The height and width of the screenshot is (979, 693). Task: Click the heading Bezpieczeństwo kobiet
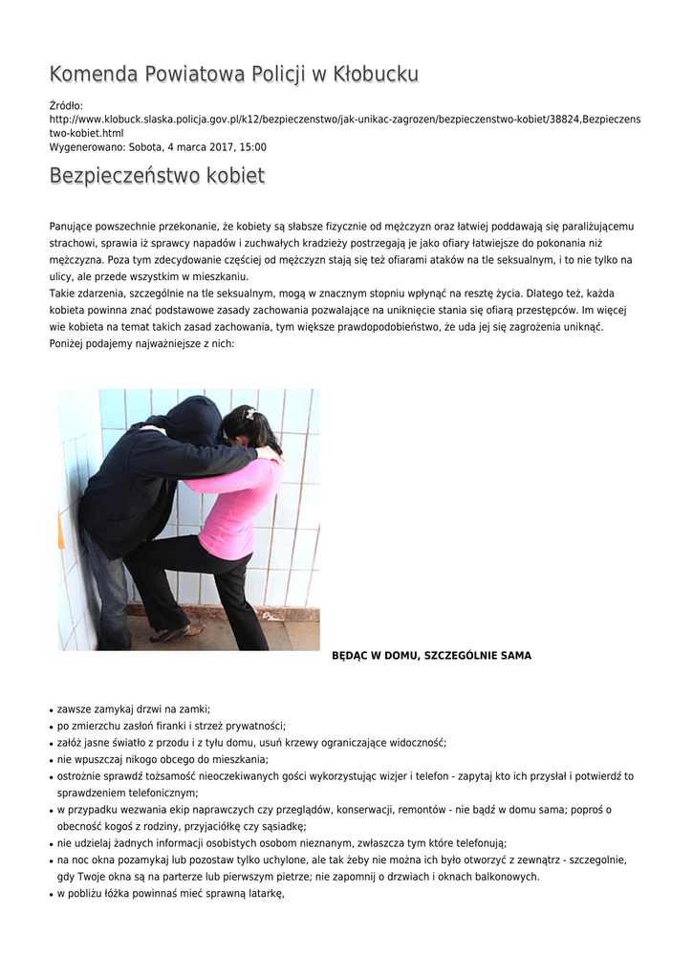pyautogui.click(x=157, y=177)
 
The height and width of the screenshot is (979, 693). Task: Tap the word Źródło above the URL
pyautogui.click(x=65, y=105)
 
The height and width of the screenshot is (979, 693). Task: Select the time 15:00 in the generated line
pyautogui.click(x=253, y=147)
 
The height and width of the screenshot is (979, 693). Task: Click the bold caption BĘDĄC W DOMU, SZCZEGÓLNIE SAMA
pyautogui.click(x=431, y=656)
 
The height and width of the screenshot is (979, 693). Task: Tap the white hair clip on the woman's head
pyautogui.click(x=250, y=414)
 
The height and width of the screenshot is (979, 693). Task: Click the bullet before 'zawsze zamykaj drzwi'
pyautogui.click(x=51, y=710)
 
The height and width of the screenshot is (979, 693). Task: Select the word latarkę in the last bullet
pyautogui.click(x=264, y=894)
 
